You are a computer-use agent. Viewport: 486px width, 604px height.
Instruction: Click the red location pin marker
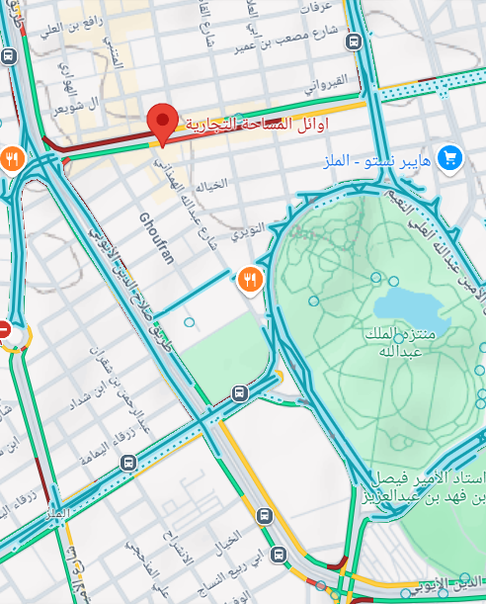[162, 122]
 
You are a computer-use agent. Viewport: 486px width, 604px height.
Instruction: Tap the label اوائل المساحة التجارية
[253, 125]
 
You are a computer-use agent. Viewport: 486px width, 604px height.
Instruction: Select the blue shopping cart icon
[450, 156]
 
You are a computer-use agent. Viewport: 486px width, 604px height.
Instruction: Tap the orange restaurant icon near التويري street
[250, 280]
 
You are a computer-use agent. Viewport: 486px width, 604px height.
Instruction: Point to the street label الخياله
[210, 185]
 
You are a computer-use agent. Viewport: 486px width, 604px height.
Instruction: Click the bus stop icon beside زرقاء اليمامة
[127, 463]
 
